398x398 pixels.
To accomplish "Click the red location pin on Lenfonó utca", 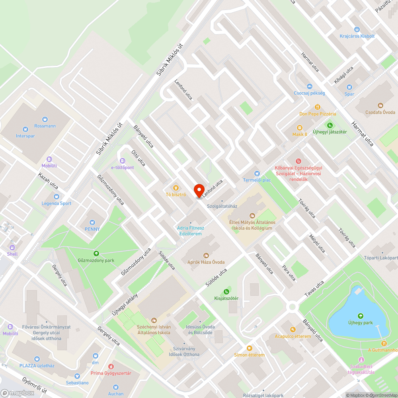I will coord(199,191).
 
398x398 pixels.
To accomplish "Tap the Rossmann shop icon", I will coord(45,119).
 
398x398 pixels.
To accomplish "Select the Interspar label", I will coord(25,136).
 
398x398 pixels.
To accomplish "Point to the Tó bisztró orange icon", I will coord(175,187).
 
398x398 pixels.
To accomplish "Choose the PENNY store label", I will coord(92,229).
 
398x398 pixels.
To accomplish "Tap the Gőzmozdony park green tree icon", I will coord(96,254).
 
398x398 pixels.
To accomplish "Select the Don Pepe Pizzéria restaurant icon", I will coord(318,107).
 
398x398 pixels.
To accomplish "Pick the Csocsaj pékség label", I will coord(309,93).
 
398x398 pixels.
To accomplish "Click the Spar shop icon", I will coord(349,87).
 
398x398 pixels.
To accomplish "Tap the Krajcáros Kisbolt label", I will coord(357,36).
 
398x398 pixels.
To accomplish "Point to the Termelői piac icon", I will coord(257,173).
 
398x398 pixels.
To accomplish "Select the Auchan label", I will coord(116,394).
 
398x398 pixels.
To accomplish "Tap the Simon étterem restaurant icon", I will coord(250,348).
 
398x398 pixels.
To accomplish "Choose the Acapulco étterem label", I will coord(293,336).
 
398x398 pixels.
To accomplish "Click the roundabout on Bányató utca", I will coord(293,307).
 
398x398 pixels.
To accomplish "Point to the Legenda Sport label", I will coord(57,203).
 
